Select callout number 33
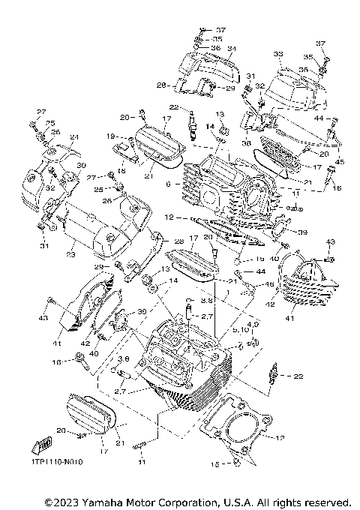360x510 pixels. click(x=277, y=55)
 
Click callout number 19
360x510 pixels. click(x=109, y=136)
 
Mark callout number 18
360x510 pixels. click(x=119, y=171)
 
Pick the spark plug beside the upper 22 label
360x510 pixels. click(x=193, y=120)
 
